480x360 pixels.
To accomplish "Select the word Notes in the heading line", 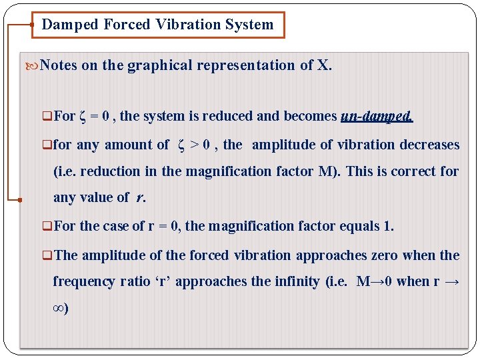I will (59, 65).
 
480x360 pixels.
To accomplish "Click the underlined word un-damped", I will (377, 116).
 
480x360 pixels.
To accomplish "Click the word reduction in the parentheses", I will (113, 171).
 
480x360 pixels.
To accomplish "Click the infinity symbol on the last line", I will (58, 309).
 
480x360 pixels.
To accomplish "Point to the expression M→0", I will (374, 281).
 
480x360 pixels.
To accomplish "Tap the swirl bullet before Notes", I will (33, 66).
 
